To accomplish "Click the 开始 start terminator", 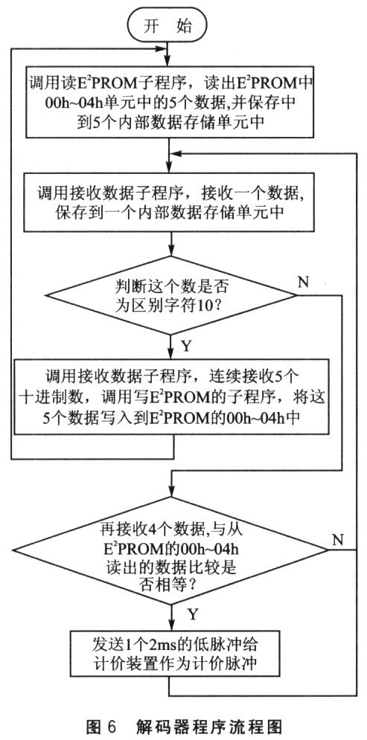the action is click(167, 27).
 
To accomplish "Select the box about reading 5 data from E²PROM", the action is click(169, 101).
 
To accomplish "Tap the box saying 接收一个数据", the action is click(170, 203).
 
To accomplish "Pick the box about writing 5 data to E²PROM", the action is click(170, 396).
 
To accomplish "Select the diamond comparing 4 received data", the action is click(170, 550).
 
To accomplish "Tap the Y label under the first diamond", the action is click(186, 347).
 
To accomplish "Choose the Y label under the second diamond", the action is click(192, 614).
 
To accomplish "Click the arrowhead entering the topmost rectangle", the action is click(169, 61).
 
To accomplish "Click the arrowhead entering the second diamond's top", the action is click(170, 492).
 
